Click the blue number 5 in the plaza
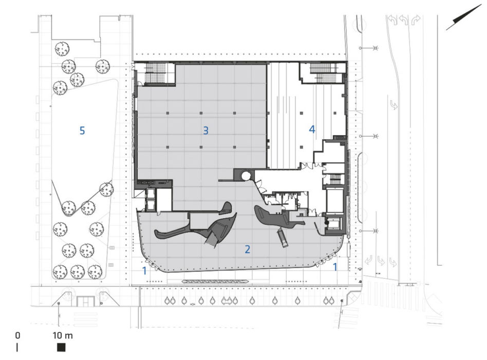tap(82, 130)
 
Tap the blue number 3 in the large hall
tap(205, 130)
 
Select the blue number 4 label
tap(312, 129)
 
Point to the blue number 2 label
tap(247, 249)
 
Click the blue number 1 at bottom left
tap(144, 271)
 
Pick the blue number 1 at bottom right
tap(335, 267)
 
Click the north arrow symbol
tap(463, 17)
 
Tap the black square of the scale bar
tap(61, 347)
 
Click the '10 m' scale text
tap(63, 335)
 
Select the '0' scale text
tap(17, 335)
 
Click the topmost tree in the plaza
tap(62, 49)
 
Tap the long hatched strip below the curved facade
tap(216, 281)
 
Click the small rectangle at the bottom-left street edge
tap(85, 301)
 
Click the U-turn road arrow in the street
tap(394, 105)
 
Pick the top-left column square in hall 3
tap(167, 113)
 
